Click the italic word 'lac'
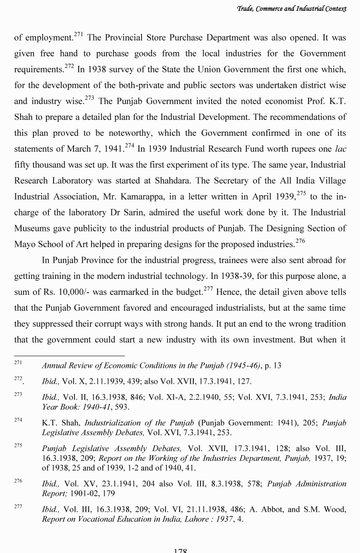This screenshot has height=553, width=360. pos(340,150)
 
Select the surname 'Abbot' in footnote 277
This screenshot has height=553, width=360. pos(271,510)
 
